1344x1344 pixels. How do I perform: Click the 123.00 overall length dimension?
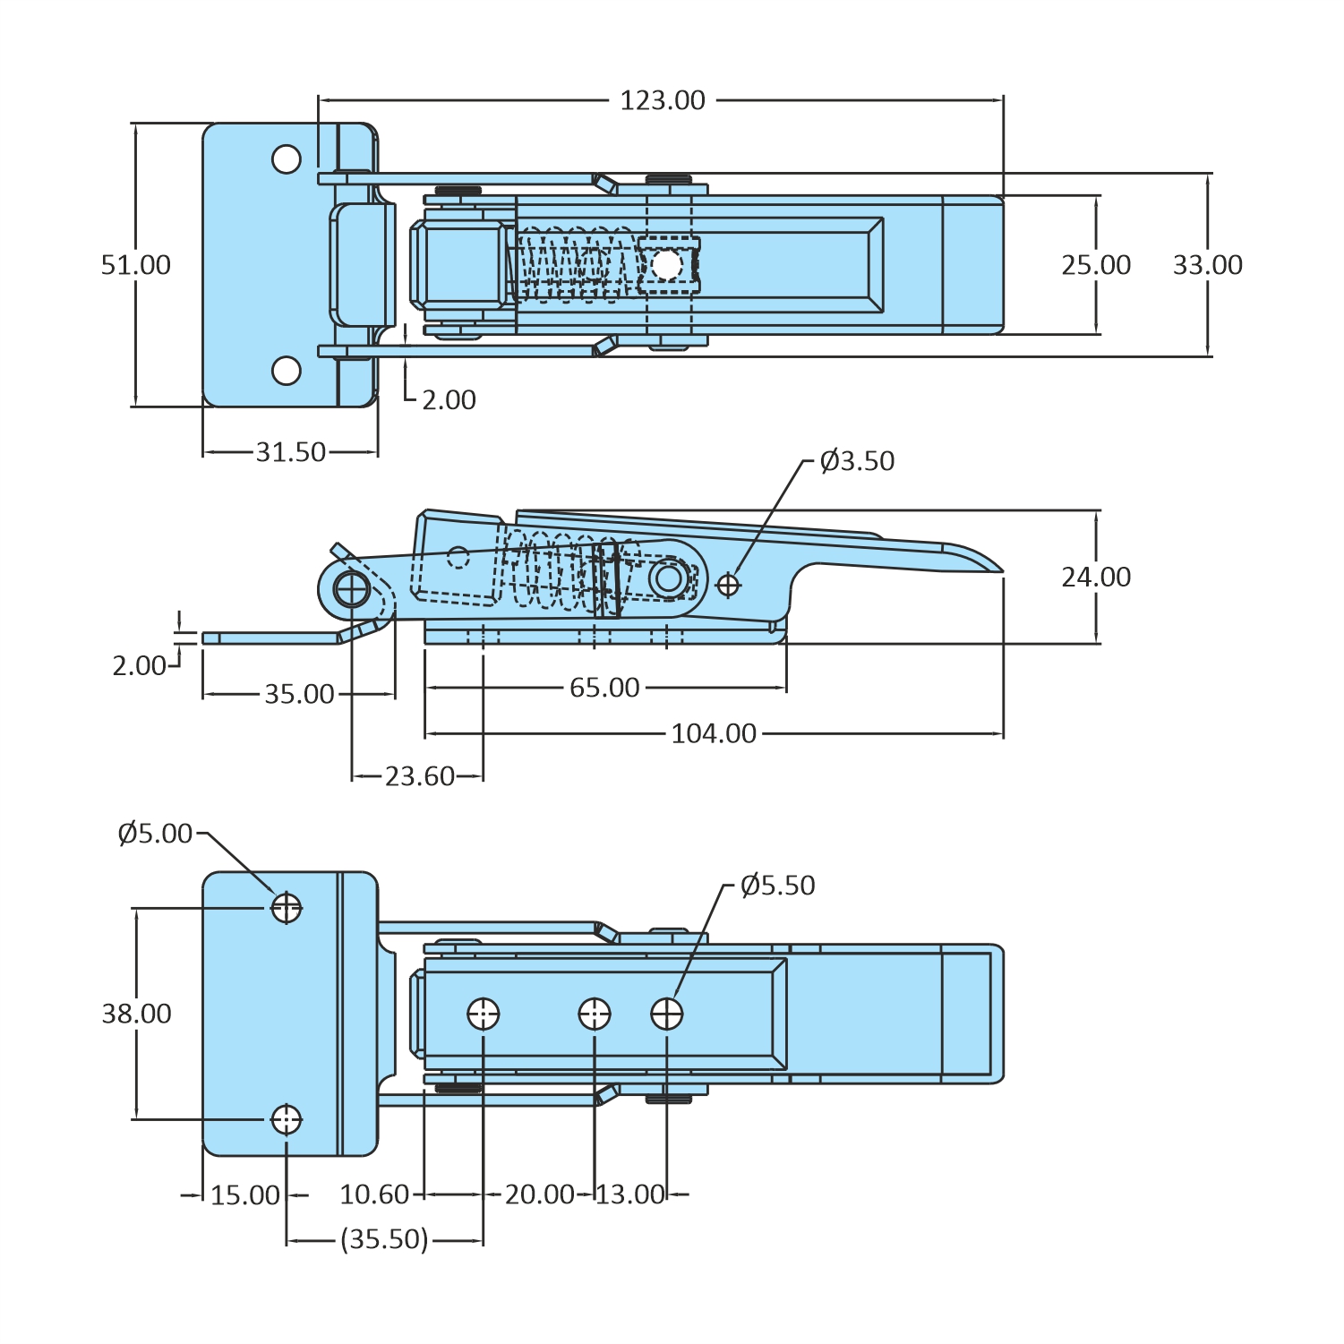[663, 100]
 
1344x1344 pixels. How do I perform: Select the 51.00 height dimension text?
[135, 265]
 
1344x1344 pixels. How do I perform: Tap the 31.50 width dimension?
[291, 452]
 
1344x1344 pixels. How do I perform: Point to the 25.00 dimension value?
[1096, 265]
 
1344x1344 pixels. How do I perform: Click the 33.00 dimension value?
[1207, 265]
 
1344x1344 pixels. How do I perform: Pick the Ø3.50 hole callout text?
[857, 461]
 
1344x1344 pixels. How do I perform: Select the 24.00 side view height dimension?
[1096, 578]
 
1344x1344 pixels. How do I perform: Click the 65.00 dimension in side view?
[604, 688]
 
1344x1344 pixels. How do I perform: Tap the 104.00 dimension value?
[714, 733]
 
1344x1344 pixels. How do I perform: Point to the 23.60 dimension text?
[420, 776]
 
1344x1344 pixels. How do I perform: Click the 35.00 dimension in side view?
[299, 694]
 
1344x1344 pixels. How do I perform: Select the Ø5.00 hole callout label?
[155, 834]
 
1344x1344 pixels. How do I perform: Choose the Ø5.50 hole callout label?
[777, 886]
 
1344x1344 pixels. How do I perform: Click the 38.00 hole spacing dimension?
[136, 1014]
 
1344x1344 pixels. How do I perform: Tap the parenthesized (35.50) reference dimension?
[384, 1239]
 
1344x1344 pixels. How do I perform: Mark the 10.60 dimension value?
[374, 1194]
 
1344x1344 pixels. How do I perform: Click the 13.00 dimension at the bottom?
[630, 1194]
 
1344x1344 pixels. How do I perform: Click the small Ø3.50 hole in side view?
[728, 585]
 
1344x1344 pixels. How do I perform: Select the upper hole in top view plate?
[287, 159]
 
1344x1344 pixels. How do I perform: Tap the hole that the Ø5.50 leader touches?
[666, 1014]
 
